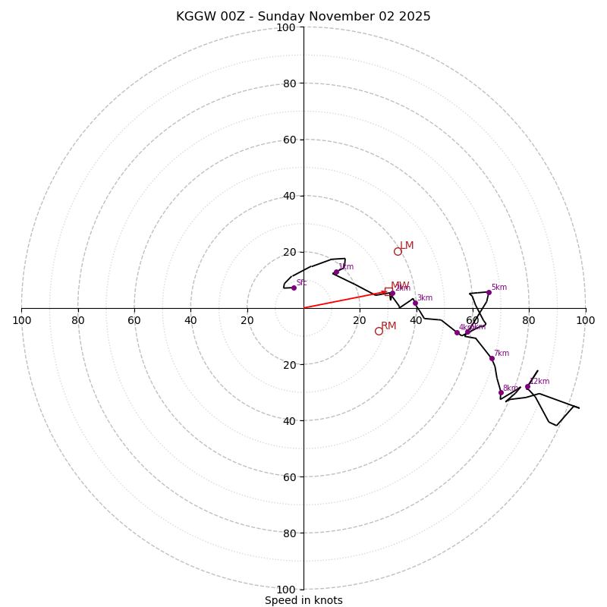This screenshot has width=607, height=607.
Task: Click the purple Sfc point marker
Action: pos(294,288)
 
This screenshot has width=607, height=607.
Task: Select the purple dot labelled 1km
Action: pos(336,272)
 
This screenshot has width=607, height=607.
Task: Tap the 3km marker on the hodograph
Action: pos(415,303)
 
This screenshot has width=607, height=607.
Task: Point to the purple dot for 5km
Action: pos(489,292)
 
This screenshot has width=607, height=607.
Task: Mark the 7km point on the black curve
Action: pos(492,358)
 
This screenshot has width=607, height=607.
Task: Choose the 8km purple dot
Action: pos(501,393)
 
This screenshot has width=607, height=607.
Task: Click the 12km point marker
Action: pos(527,387)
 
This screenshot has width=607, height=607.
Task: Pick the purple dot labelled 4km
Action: pos(457,332)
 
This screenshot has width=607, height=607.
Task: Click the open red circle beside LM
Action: pos(398,251)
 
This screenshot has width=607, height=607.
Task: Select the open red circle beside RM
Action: pos(379,331)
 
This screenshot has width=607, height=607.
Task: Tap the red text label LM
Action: pos(407,245)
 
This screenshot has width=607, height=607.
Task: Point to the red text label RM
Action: pos(388,326)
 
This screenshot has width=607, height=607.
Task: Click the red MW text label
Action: pos(400,286)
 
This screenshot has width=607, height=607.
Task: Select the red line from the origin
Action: pos(341,300)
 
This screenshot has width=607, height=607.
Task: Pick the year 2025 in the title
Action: pos(414,17)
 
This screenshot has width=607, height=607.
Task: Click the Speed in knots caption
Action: pos(303,600)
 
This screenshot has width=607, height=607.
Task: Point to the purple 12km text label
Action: pos(539,382)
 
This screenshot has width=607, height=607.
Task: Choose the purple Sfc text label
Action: pos(301,282)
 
